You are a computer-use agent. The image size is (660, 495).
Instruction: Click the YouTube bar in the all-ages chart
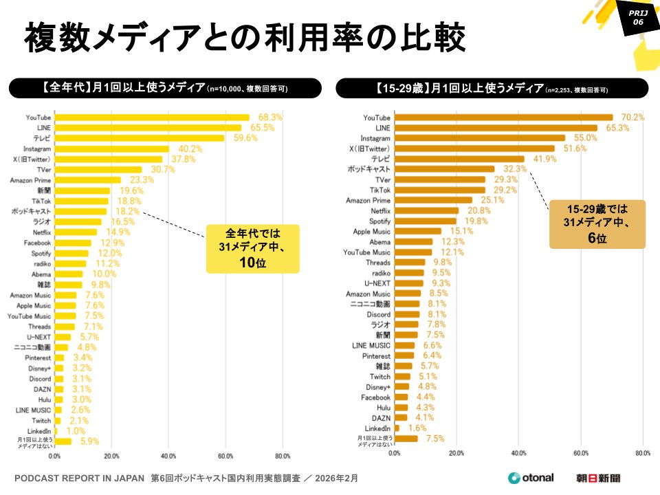pos(151,118)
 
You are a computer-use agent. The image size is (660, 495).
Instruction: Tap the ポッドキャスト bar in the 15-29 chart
pos(444,168)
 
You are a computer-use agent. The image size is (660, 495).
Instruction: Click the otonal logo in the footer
pos(531,478)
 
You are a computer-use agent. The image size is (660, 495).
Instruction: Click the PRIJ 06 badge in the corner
pos(637,17)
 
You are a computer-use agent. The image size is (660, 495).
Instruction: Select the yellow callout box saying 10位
pos(253,248)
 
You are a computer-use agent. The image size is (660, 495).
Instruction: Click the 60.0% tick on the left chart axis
pos(225,456)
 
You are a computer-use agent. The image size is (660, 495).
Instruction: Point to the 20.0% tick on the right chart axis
pos(457,453)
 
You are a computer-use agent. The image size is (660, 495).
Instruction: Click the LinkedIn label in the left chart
pos(38,430)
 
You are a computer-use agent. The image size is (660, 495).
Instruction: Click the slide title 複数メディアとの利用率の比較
pos(245,39)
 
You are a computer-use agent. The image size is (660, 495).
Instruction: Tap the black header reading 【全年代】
pos(165,88)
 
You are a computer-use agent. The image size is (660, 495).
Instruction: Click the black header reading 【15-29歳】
pos(492,88)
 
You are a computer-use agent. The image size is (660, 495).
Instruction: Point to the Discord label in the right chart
pos(378,314)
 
